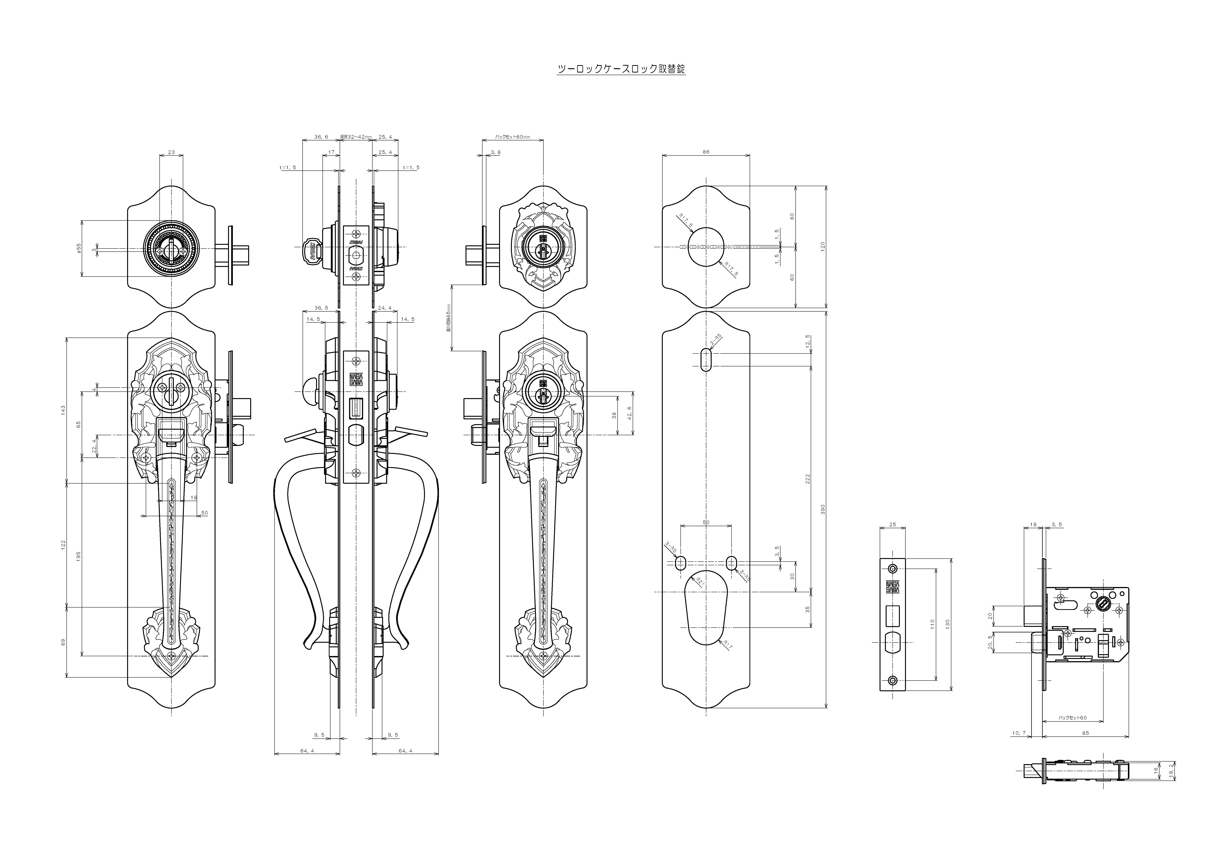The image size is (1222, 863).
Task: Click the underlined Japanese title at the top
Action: [621, 69]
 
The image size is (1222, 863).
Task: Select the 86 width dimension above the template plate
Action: [706, 152]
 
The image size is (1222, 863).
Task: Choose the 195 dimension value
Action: [78, 556]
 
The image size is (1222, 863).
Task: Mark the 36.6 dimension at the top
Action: [321, 137]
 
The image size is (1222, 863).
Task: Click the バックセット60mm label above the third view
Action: [513, 137]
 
